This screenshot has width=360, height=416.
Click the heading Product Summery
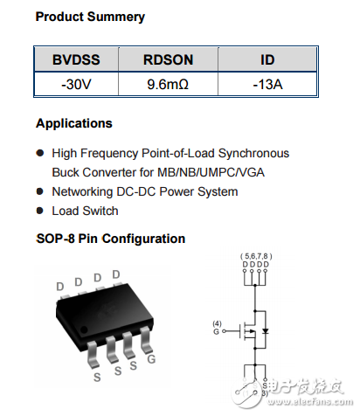point(90,17)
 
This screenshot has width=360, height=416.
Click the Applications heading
point(74,123)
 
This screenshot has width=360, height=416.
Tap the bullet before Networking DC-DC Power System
point(39,191)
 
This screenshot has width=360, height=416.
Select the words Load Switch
point(85,211)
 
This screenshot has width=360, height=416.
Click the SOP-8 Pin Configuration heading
point(110,239)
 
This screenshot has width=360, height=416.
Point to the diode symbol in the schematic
point(278,332)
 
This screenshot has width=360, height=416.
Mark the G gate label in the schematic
point(218,330)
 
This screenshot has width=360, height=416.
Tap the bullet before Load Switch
point(39,211)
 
